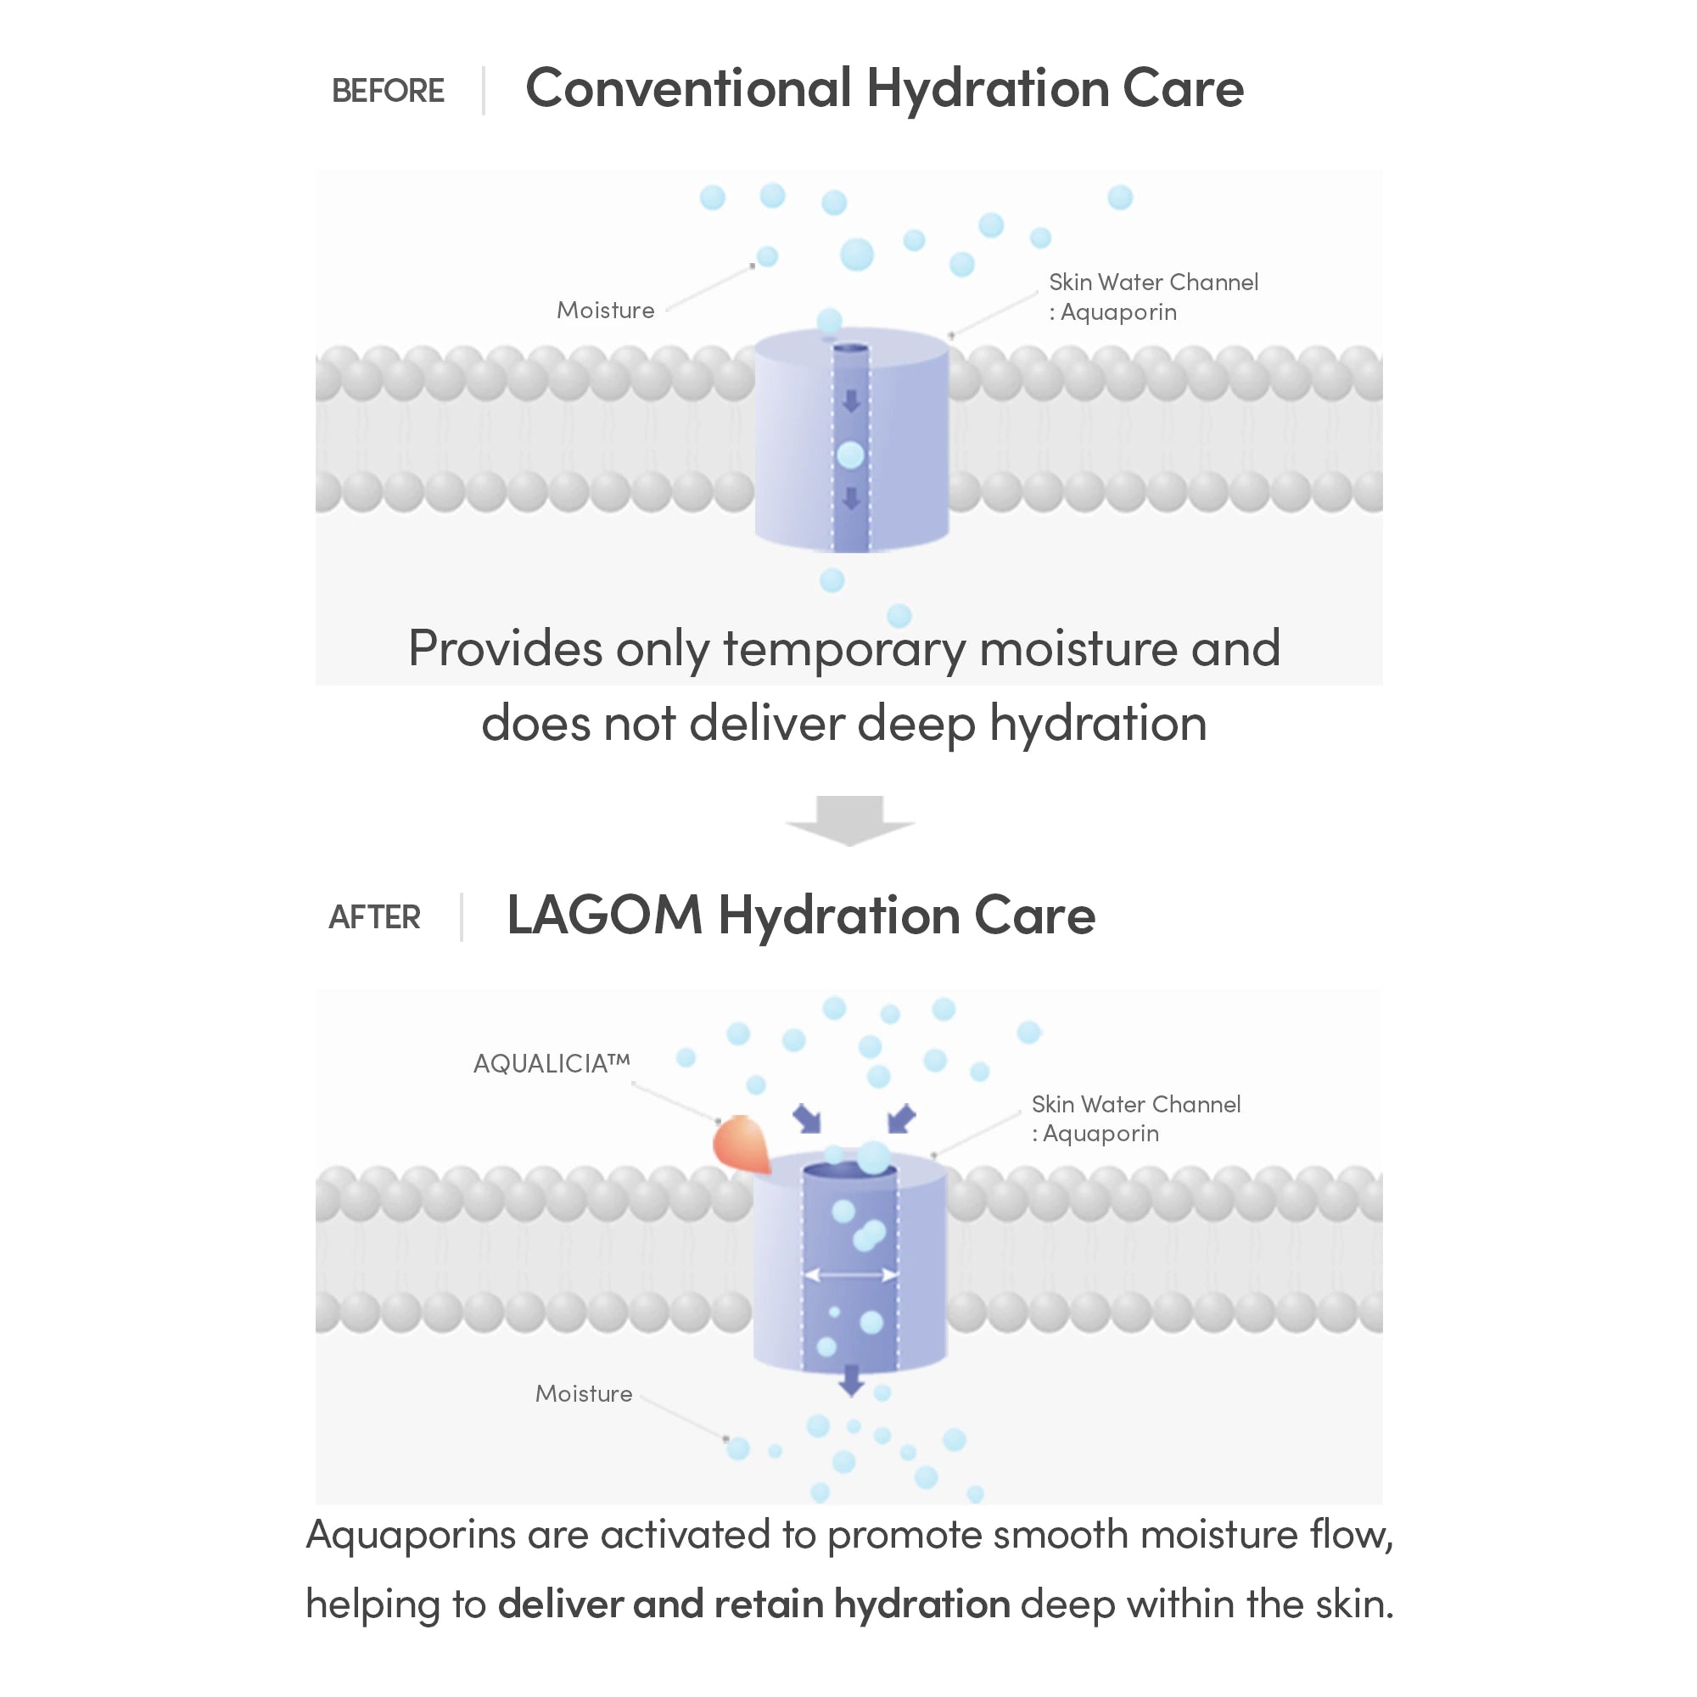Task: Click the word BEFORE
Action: click(388, 91)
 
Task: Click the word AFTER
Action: click(374, 917)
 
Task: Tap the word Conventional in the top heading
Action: click(689, 88)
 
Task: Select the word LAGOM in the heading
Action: click(604, 916)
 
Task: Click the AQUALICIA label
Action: click(552, 1064)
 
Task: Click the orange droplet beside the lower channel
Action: click(742, 1144)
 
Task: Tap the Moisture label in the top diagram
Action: click(605, 310)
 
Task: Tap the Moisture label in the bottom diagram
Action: click(584, 1394)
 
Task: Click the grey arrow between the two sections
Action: click(849, 820)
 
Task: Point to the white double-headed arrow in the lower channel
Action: click(851, 1274)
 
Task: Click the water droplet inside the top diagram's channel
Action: click(850, 455)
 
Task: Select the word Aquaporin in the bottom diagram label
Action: click(1101, 1134)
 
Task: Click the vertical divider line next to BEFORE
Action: click(483, 91)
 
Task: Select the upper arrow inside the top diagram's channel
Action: click(850, 401)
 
